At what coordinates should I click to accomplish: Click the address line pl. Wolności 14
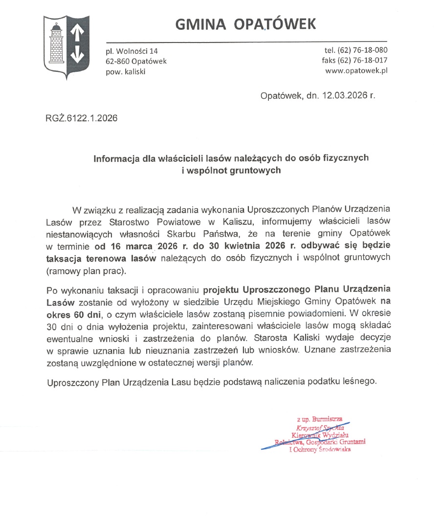[132, 51]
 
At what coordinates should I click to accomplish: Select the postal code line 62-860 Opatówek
[136, 61]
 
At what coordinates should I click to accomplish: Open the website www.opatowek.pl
[356, 71]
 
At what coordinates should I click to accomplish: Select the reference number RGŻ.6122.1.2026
[82, 118]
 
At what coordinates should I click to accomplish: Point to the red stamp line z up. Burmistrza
[320, 418]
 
